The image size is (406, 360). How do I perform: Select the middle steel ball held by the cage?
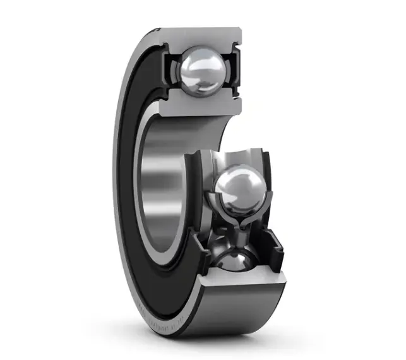pos(241,188)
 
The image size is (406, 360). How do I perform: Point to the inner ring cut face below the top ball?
pos(201,105)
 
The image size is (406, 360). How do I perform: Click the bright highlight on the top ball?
pos(193,63)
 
